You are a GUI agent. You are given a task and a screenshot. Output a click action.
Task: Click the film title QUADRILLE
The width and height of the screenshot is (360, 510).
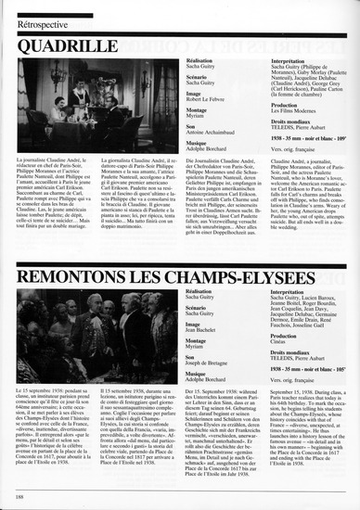click(74, 40)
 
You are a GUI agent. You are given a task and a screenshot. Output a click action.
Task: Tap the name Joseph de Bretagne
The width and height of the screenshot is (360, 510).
click(209, 363)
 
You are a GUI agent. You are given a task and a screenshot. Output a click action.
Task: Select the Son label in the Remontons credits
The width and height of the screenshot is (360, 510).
click(190, 357)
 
